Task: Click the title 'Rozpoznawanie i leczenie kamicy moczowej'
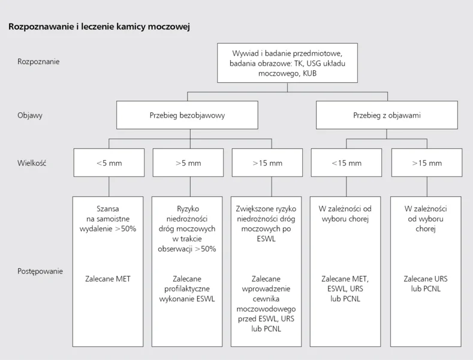point(99,26)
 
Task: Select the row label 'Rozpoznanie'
point(38,62)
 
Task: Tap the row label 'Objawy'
point(30,115)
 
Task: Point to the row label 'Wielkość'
point(32,163)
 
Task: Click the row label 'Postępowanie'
point(40,271)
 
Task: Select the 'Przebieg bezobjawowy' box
point(187,115)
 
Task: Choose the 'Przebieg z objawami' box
point(387,115)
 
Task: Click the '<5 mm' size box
point(109,163)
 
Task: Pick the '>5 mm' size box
point(188,163)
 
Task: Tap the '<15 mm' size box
point(347,163)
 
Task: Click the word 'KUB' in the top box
point(309,73)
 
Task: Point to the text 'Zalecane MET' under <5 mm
point(108,279)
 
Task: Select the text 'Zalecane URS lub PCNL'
point(426,284)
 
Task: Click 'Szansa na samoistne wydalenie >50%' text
point(108,218)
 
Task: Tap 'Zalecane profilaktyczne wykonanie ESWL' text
point(187,289)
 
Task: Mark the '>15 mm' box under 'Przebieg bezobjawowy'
point(267,163)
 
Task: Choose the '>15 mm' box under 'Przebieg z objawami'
point(427,163)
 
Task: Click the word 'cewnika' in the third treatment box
point(266,299)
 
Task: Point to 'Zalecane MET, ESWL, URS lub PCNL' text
point(345,289)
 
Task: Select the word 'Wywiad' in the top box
point(246,53)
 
